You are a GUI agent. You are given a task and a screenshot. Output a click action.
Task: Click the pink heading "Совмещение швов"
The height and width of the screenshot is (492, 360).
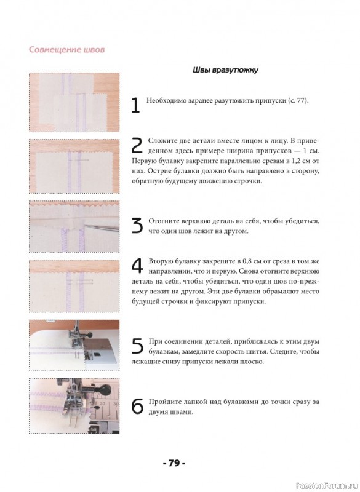pos(66,50)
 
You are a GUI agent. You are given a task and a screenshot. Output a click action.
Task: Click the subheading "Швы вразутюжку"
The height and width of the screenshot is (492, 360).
pos(225,69)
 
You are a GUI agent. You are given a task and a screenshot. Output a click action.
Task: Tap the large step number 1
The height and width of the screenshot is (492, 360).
pos(135,105)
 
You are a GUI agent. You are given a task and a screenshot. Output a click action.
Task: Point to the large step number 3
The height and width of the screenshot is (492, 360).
pos(137,226)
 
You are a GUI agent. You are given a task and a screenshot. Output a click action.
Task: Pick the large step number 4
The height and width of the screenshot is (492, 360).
pos(137,266)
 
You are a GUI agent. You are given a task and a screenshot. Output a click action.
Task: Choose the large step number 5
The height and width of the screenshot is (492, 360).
pos(137,346)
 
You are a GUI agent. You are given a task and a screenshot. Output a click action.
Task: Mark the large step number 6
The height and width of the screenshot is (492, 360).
pos(137,407)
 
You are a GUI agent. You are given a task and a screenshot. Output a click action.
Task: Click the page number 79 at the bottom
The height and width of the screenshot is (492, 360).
pos(175,463)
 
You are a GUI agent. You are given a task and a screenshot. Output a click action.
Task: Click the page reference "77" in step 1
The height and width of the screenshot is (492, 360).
pos(302,101)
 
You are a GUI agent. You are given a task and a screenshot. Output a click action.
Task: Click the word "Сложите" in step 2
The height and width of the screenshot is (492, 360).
pos(160,141)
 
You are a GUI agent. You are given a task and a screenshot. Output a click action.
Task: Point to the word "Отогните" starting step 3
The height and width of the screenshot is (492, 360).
pos(163,221)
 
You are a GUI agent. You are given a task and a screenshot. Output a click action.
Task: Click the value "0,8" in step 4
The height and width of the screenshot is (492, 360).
pos(243,261)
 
